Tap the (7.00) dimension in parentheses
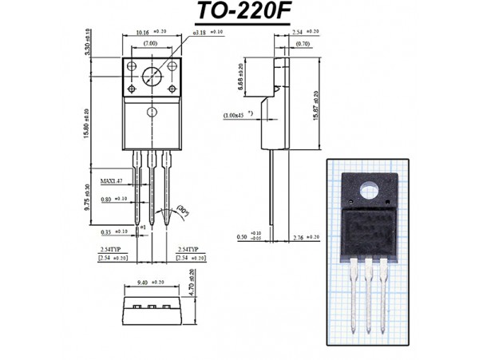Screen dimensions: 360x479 pyautogui.click(x=151, y=42)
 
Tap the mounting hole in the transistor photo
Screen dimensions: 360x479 pyautogui.click(x=369, y=193)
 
